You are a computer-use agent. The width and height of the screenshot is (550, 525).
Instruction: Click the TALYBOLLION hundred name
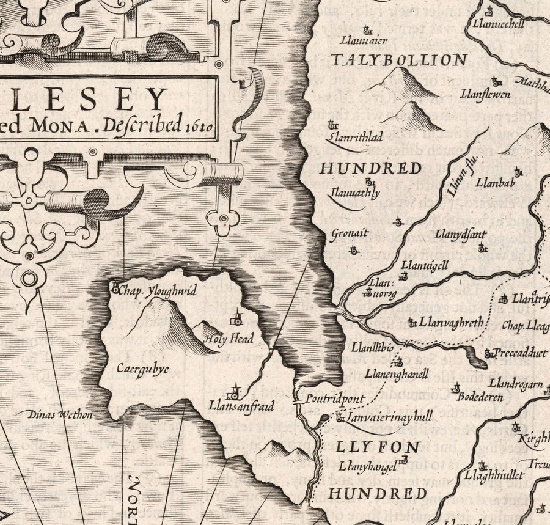(x=399, y=60)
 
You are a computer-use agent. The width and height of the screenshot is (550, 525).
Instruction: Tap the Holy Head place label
(x=229, y=338)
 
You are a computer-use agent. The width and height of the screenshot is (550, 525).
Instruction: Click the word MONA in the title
(x=62, y=127)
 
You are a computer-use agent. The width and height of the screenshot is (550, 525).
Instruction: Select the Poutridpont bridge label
(x=335, y=399)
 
